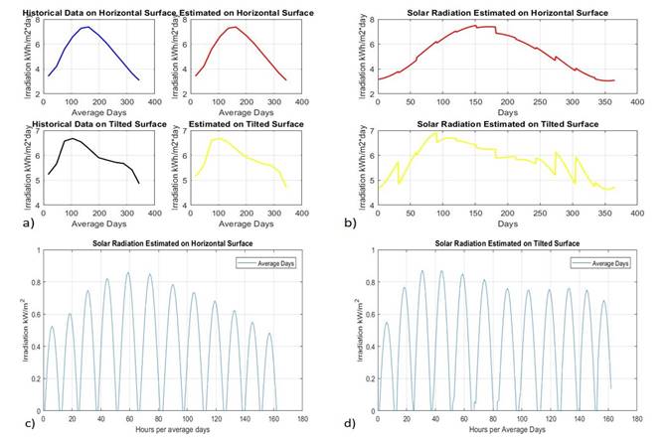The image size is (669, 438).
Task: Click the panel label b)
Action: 350,221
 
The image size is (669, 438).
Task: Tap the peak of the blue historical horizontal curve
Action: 86,28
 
